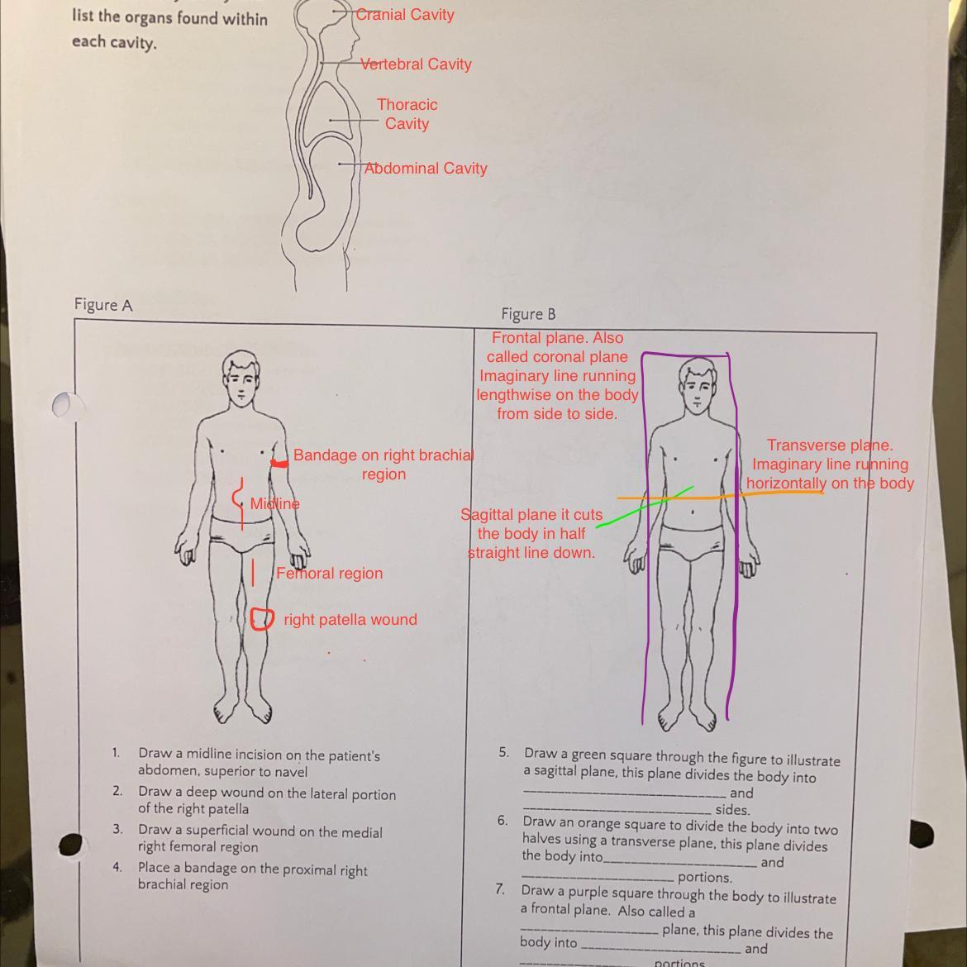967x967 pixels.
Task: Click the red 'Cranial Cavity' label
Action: [x=405, y=14]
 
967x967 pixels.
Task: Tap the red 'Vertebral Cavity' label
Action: [x=416, y=64]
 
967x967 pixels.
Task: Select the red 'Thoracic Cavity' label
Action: [x=407, y=114]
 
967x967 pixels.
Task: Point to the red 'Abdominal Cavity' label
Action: [x=426, y=168]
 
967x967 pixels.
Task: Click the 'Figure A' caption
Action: [x=103, y=305]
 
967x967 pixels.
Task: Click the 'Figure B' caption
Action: [x=528, y=314]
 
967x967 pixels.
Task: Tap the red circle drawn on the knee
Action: [x=262, y=619]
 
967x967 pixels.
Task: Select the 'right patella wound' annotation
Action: [x=350, y=620]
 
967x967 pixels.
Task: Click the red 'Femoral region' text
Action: [x=329, y=574]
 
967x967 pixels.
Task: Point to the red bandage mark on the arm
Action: [x=280, y=464]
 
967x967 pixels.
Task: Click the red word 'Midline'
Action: [x=274, y=503]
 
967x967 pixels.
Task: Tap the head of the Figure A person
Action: [x=241, y=377]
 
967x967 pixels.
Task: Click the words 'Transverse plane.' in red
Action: [x=830, y=445]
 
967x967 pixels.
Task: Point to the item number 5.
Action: [x=503, y=752]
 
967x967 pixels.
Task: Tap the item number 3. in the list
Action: [x=118, y=829]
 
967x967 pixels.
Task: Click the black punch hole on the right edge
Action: [x=921, y=833]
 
